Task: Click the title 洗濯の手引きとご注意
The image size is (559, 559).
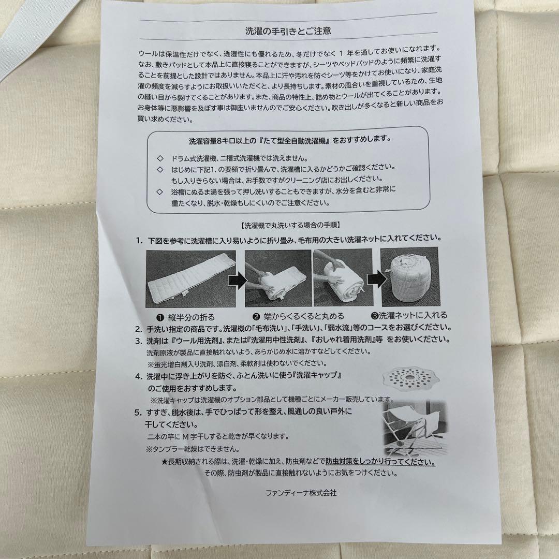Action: pos(288,31)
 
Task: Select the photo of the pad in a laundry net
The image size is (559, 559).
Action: pos(409,277)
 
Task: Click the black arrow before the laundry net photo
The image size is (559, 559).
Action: pos(376,280)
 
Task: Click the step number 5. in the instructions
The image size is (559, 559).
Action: pos(138,413)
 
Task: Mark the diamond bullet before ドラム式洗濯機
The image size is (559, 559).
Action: pos(159,158)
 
